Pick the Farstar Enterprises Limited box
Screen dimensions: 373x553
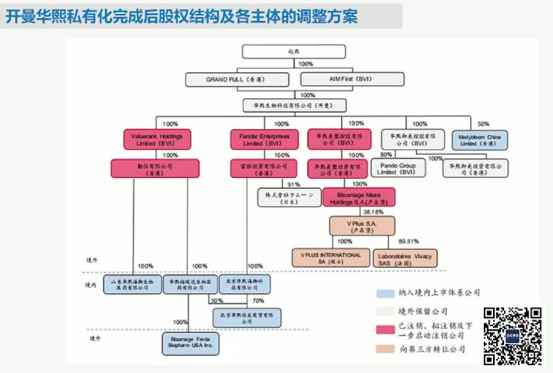(259, 140)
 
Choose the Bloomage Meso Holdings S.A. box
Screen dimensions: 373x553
(353, 197)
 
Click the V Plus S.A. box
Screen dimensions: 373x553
(351, 226)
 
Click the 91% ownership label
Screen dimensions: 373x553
(293, 185)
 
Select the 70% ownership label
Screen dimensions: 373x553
(258, 301)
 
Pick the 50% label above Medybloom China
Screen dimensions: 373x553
(483, 124)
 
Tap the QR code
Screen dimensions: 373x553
(511, 334)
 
